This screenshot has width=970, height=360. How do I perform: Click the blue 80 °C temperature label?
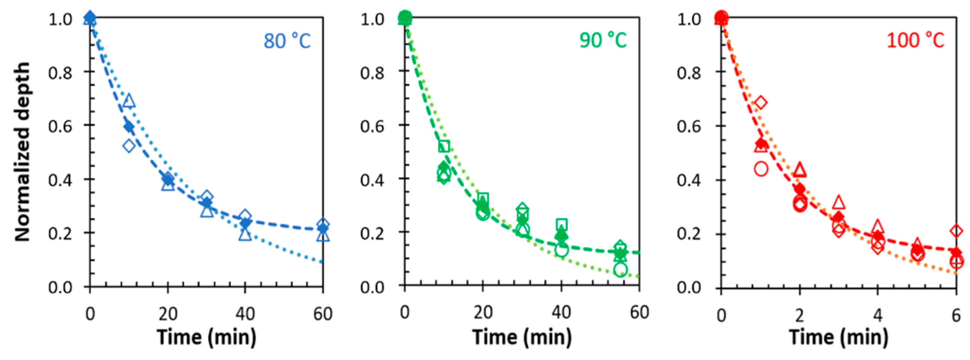click(x=287, y=41)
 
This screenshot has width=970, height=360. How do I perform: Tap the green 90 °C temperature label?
click(x=603, y=40)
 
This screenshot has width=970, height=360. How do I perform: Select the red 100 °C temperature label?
click(x=916, y=40)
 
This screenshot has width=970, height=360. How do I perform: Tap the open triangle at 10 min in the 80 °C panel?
click(x=129, y=101)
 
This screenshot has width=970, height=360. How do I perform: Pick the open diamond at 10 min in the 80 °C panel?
click(x=129, y=145)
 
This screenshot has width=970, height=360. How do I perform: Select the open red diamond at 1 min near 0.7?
click(x=761, y=103)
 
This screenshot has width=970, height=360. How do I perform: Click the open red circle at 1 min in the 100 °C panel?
click(x=761, y=169)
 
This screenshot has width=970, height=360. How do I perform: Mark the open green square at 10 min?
click(x=444, y=146)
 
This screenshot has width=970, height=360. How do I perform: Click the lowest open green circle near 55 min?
click(x=620, y=270)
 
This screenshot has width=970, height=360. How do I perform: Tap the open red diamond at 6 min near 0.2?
click(x=956, y=231)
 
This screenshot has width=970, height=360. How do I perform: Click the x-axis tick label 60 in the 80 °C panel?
click(x=323, y=314)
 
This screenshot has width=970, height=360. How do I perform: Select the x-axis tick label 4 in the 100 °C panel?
click(x=878, y=315)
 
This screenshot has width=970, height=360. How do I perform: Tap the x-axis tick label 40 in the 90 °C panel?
click(x=561, y=313)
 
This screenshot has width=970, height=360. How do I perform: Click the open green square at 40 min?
click(x=561, y=224)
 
